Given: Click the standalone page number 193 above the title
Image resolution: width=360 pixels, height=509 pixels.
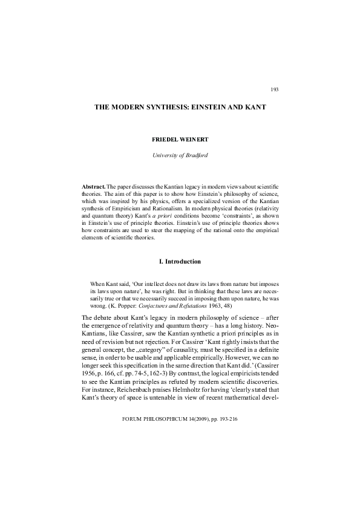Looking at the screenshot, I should coord(275,89).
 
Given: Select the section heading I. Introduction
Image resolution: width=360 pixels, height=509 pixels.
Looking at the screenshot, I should coord(180,261).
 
